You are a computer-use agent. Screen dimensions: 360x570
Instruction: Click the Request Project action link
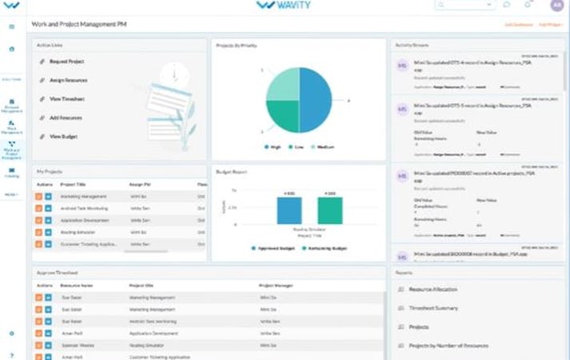click(66, 62)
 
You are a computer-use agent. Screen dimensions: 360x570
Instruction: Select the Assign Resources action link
click(68, 81)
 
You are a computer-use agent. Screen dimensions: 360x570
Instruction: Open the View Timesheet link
click(67, 99)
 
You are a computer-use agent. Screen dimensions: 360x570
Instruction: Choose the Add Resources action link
click(66, 118)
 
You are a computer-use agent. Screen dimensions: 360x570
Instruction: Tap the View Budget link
click(63, 137)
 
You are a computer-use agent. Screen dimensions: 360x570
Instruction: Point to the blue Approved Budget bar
click(289, 210)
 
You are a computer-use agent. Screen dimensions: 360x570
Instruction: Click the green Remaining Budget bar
click(329, 210)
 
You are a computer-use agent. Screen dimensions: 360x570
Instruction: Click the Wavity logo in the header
click(285, 6)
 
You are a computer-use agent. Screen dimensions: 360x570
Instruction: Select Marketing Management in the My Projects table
click(83, 196)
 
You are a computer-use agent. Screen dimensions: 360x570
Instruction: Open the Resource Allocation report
click(432, 289)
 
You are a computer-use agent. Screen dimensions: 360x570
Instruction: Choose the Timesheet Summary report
click(433, 308)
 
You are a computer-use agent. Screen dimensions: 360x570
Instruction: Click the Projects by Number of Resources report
click(448, 346)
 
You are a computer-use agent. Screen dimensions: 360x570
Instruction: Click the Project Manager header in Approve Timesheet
click(276, 285)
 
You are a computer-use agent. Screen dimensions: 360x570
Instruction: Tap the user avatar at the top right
click(557, 5)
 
